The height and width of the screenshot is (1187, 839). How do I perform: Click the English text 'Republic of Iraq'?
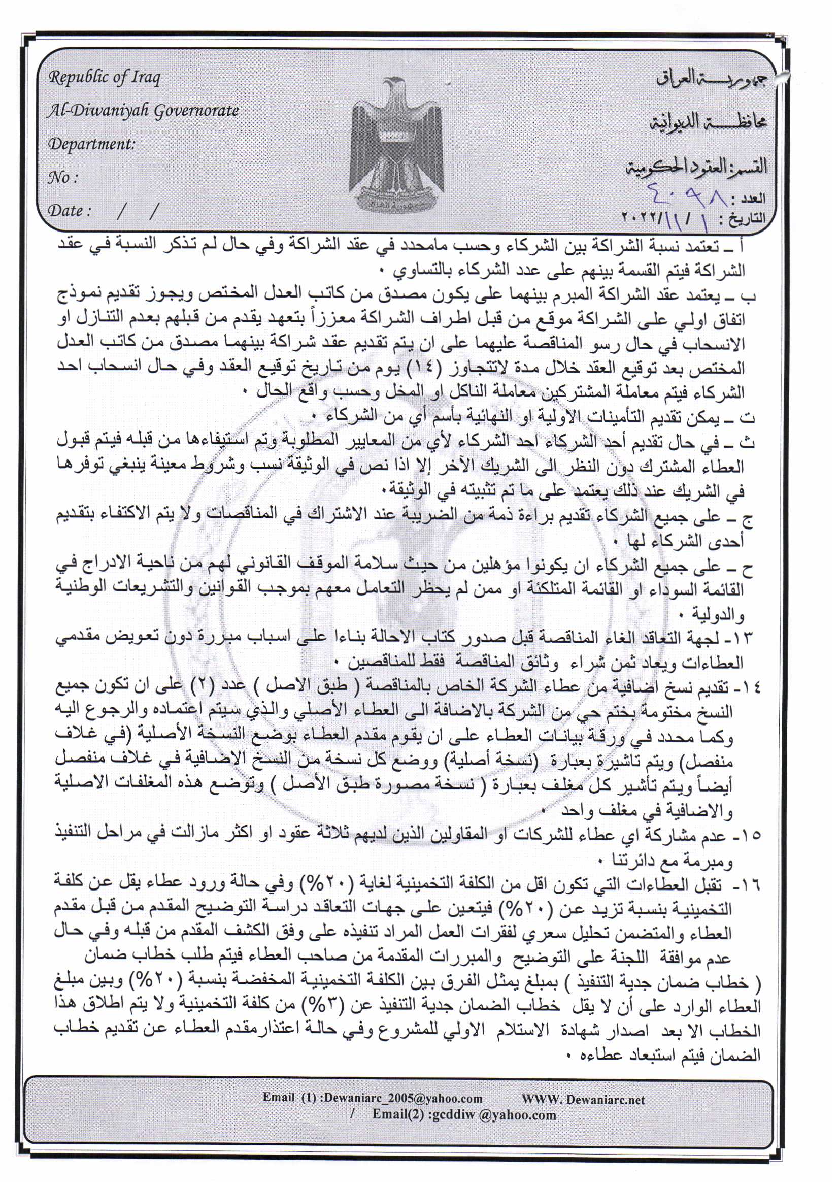click(x=105, y=78)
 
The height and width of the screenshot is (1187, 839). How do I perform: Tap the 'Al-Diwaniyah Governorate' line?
click(x=143, y=111)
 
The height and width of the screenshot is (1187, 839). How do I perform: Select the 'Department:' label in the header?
click(x=91, y=144)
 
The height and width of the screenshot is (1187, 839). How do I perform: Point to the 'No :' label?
click(x=62, y=178)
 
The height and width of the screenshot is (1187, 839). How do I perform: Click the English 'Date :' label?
click(x=70, y=211)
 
